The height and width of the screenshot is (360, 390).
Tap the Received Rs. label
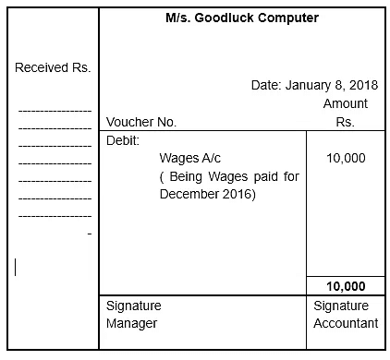(x=53, y=68)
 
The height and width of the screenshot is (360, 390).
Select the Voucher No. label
(x=141, y=122)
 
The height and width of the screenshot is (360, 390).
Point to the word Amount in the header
(x=346, y=103)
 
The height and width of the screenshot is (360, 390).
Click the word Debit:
(x=123, y=140)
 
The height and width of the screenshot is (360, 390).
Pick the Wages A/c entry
(x=189, y=158)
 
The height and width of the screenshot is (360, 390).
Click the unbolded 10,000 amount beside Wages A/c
(x=346, y=158)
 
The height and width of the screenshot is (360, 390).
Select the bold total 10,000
(x=346, y=286)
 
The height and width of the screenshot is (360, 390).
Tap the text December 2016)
(x=207, y=195)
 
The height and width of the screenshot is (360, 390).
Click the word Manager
(x=131, y=323)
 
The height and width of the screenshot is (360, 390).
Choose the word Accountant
(x=346, y=323)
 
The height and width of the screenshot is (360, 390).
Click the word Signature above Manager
(x=134, y=305)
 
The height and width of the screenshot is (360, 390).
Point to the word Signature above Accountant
(x=341, y=305)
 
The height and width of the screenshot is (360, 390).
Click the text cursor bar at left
(x=15, y=267)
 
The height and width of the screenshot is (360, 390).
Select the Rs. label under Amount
(x=346, y=122)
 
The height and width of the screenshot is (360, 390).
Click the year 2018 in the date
(x=362, y=85)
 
